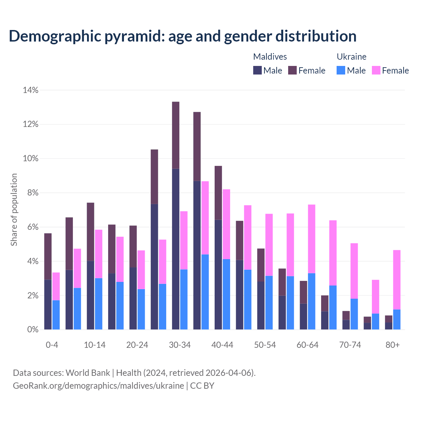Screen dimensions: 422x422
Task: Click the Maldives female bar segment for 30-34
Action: tap(176, 135)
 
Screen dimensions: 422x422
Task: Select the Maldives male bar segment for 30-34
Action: tap(176, 249)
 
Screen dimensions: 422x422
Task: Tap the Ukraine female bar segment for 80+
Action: tap(397, 280)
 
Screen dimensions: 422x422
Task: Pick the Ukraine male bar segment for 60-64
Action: tap(312, 301)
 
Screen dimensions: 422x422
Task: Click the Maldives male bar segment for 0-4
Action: tap(48, 304)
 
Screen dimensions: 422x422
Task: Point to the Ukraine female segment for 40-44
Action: tap(226, 224)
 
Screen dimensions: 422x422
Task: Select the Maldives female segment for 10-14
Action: tap(91, 232)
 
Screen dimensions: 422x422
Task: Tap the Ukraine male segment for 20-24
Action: tap(141, 309)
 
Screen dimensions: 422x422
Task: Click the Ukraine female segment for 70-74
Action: tap(354, 271)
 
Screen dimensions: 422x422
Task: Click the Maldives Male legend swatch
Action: tap(257, 70)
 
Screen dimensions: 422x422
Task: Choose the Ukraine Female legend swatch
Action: tap(376, 70)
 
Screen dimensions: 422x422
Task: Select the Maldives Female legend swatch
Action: tap(292, 70)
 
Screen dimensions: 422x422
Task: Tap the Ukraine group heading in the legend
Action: tap(351, 57)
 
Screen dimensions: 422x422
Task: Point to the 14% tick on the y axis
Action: tap(31, 90)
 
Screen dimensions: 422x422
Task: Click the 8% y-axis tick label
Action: tap(32, 193)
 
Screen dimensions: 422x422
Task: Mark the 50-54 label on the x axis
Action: tap(265, 345)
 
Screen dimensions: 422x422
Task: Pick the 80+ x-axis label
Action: tap(393, 345)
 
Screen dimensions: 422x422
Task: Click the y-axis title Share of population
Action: tap(14, 210)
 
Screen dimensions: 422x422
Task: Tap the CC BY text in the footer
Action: tap(202, 385)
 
